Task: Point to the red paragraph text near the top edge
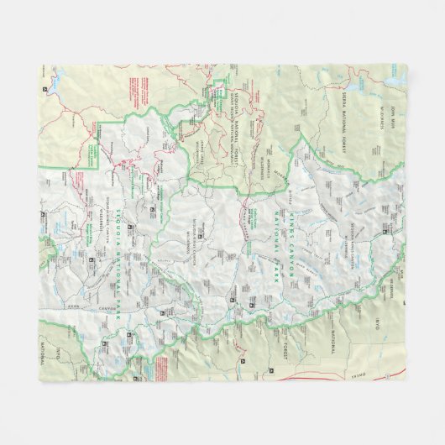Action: (x=138, y=84)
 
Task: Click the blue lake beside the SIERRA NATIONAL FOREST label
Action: (x=325, y=77)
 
